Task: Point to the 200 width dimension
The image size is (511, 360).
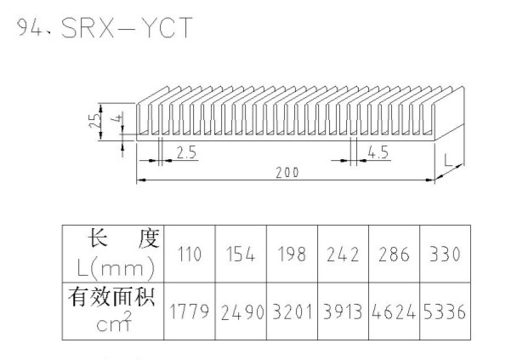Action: tap(287, 172)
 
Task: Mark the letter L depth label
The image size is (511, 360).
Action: tap(448, 158)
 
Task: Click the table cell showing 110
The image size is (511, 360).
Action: tap(188, 254)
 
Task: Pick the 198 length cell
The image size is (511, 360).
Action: tap(291, 254)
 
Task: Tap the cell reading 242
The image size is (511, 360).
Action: tap(342, 254)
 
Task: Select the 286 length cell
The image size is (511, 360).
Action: tap(393, 254)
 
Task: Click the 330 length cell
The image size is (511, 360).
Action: tap(444, 254)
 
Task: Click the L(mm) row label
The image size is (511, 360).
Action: tap(114, 269)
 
